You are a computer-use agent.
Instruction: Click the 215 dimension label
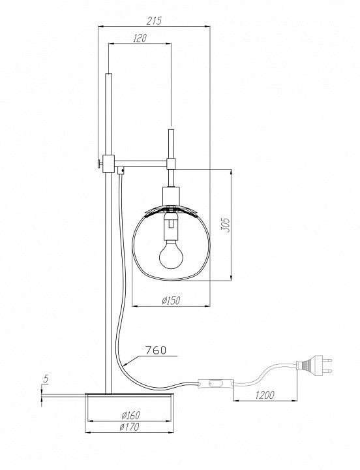154,21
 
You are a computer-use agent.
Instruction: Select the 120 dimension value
140,38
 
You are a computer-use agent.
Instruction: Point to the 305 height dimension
226,225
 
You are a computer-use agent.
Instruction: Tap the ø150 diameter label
171,300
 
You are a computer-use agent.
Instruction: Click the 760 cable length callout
155,350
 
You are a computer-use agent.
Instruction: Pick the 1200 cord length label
265,395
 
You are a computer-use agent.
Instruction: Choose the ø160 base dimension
131,415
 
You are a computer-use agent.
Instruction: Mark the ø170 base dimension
129,426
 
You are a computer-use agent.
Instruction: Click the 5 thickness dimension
46,379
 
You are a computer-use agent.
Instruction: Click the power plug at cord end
314,365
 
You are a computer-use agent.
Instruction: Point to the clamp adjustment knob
99,164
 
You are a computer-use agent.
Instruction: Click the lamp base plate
129,396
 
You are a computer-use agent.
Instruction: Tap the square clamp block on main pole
108,164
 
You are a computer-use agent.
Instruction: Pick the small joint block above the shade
171,164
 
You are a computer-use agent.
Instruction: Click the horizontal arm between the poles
140,163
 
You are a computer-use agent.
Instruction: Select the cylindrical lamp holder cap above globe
171,196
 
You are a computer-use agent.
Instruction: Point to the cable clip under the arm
121,170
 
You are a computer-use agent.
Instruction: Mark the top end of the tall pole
108,73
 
